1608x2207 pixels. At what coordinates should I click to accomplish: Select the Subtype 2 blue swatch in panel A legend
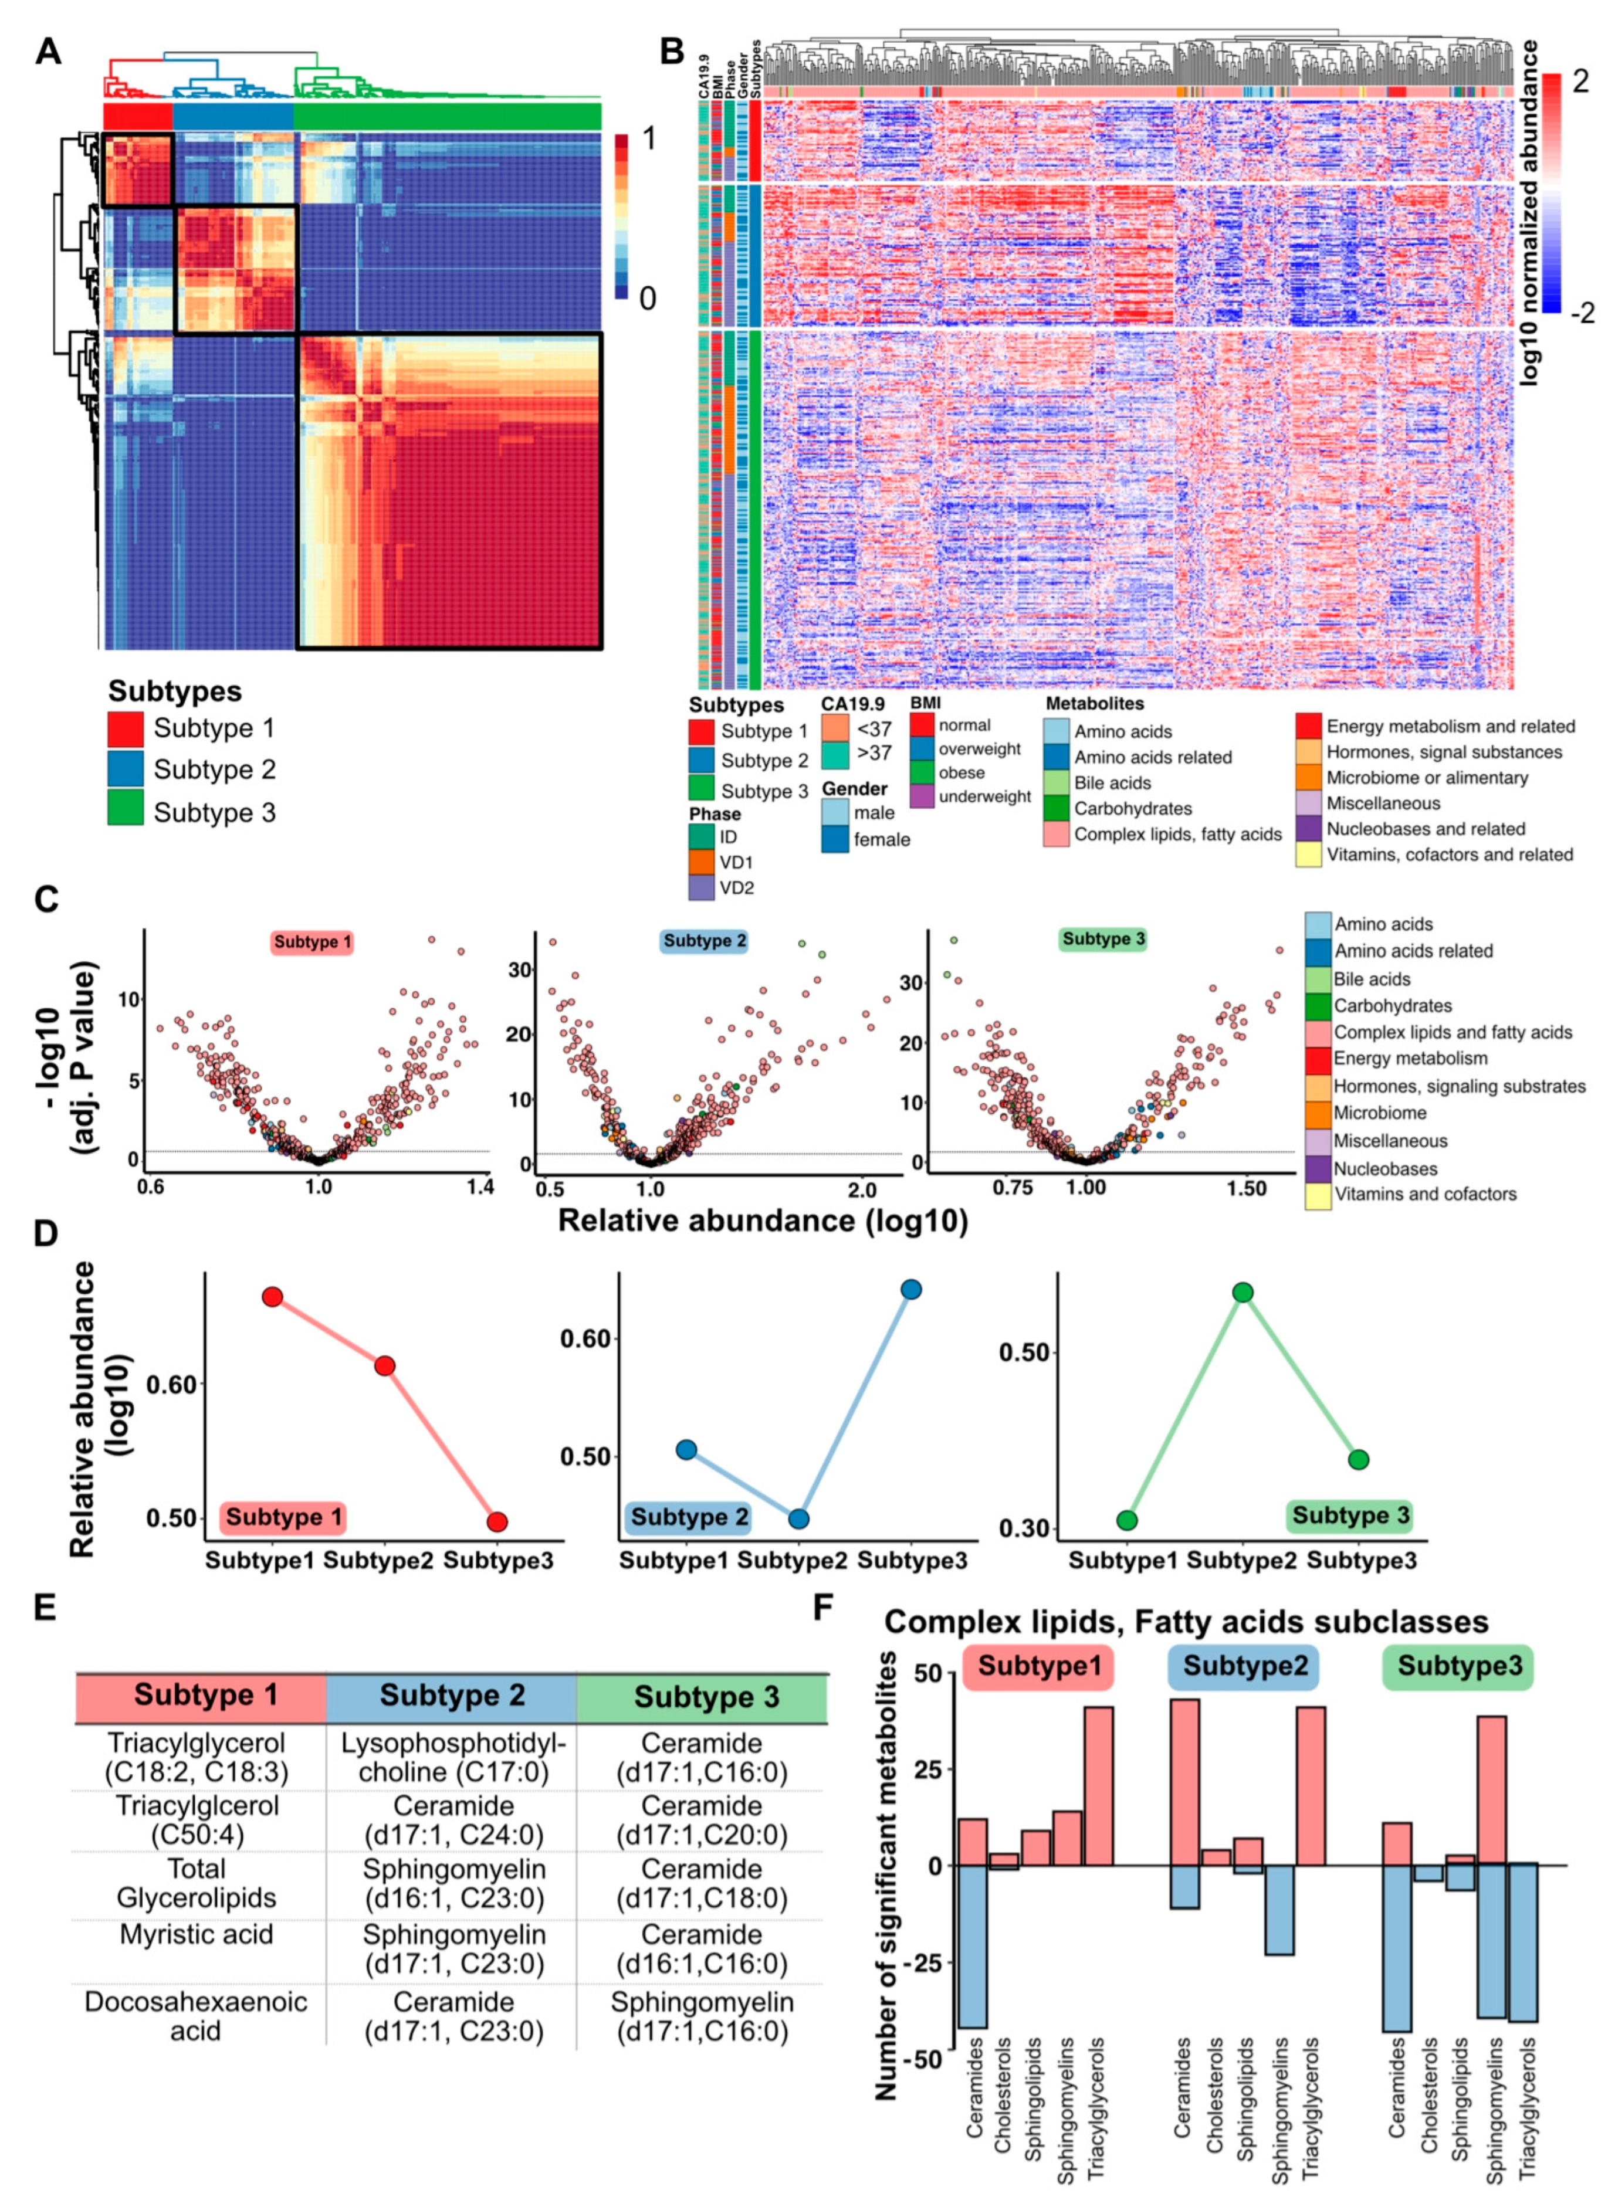126,769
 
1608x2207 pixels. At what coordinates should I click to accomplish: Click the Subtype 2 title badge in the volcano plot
705,941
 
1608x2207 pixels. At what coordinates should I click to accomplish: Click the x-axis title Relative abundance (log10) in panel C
762,1221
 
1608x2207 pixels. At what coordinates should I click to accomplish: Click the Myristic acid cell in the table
197,1934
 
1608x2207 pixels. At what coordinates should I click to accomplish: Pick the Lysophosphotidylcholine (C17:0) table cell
453,1757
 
